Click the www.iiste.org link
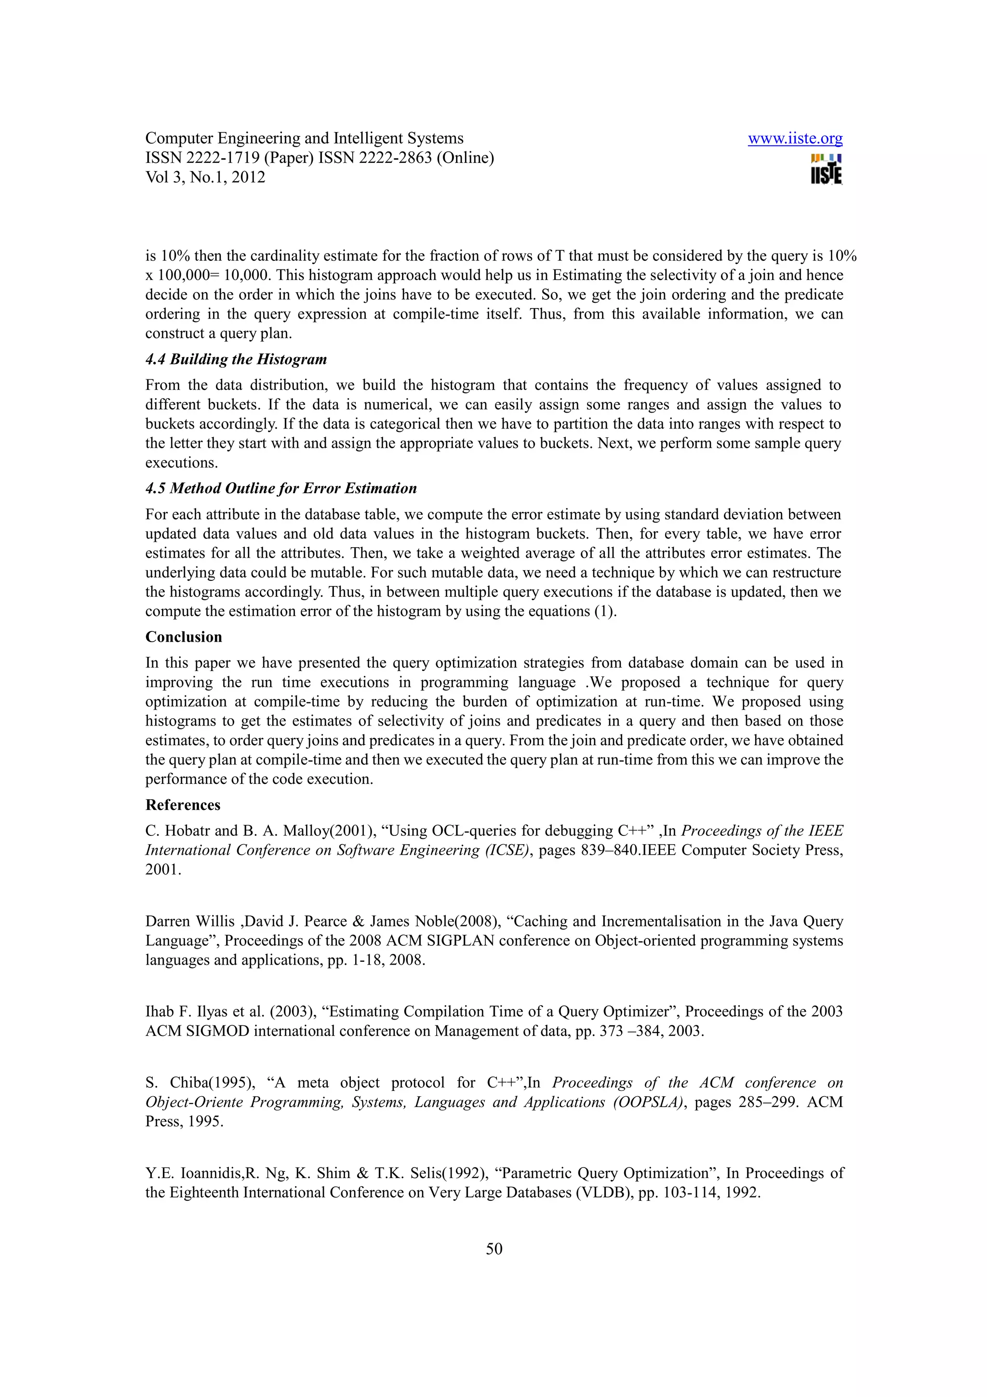click(795, 139)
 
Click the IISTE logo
click(827, 169)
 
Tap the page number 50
click(494, 1249)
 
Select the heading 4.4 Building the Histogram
click(236, 359)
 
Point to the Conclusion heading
click(184, 637)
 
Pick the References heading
click(183, 805)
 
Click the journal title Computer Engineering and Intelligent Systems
click(304, 139)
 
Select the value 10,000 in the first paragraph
click(246, 275)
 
